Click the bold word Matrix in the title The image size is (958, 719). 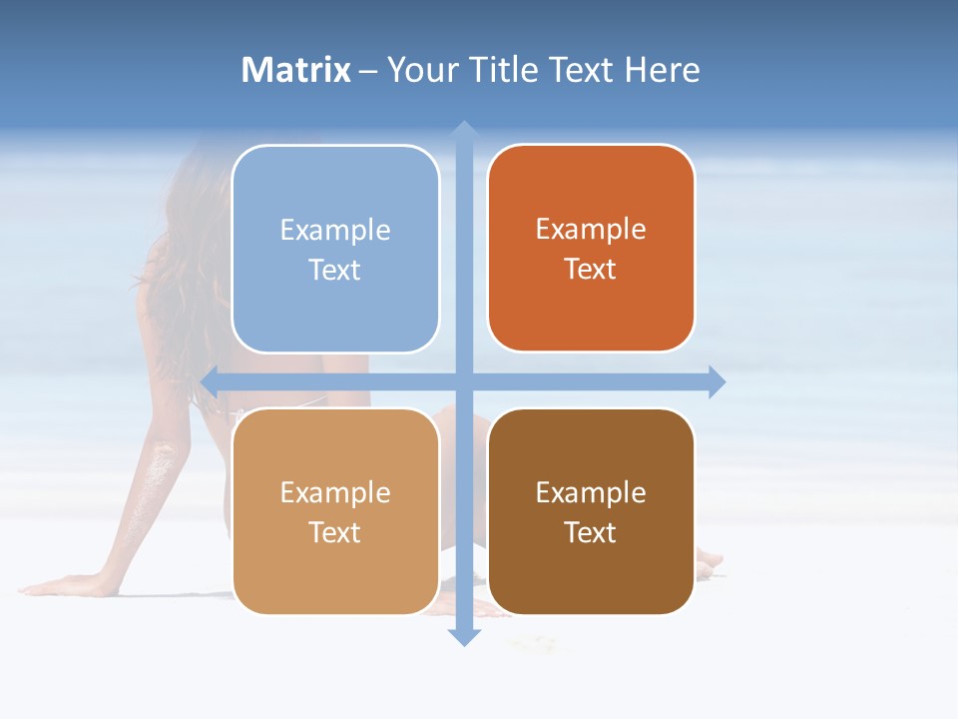[x=296, y=70]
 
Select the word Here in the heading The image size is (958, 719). [x=662, y=70]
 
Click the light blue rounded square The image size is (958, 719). [x=335, y=249]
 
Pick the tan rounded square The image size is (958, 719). [x=335, y=511]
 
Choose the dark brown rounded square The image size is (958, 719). [x=591, y=511]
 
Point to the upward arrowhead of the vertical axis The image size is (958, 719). [x=463, y=130]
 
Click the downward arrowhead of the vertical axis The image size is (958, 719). [x=463, y=636]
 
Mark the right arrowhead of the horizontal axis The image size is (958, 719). [x=717, y=381]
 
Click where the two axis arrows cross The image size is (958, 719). [x=463, y=381]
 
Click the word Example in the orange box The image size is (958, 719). [x=591, y=229]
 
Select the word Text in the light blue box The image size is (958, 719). [x=334, y=271]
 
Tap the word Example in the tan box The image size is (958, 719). [x=335, y=492]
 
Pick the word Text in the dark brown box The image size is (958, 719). [x=591, y=533]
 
